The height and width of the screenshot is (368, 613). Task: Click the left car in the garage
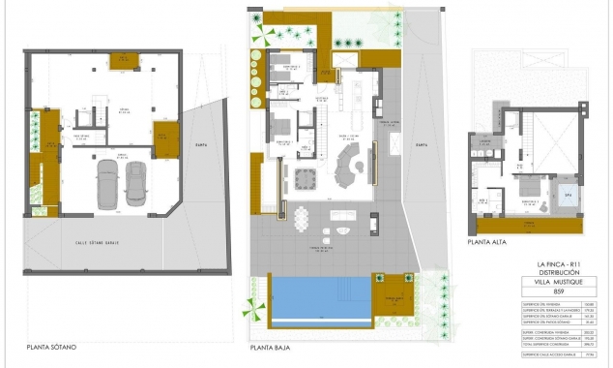tap(105, 183)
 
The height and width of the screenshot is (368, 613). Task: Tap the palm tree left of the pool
tap(256, 310)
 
